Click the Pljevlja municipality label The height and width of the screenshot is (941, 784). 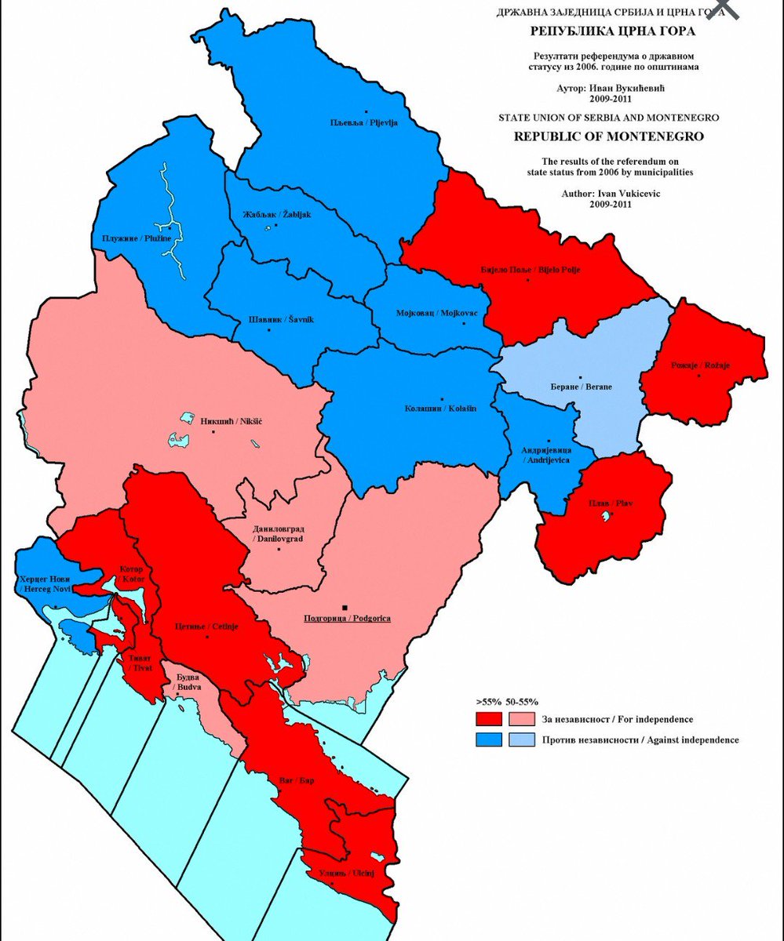click(363, 122)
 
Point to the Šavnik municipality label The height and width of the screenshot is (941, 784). click(269, 318)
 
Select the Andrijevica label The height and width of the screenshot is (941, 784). click(547, 456)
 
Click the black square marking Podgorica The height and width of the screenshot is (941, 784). click(344, 607)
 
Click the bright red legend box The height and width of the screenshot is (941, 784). click(488, 719)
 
